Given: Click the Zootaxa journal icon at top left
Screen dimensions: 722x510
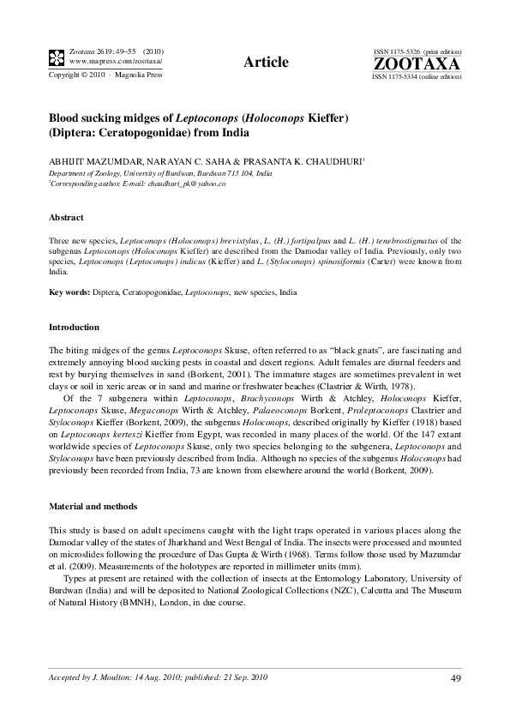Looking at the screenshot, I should (56, 58).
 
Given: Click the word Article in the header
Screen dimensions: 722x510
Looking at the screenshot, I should (266, 62).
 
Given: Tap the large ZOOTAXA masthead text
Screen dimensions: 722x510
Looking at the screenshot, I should (417, 64).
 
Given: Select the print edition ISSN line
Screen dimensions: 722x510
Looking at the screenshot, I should (417, 52).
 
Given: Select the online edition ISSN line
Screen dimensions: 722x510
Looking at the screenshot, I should (417, 77).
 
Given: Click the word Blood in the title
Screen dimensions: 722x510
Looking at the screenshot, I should (64, 117).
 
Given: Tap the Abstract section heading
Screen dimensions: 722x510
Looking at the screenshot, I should (66, 219).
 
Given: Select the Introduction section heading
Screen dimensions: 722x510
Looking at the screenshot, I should (74, 328).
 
